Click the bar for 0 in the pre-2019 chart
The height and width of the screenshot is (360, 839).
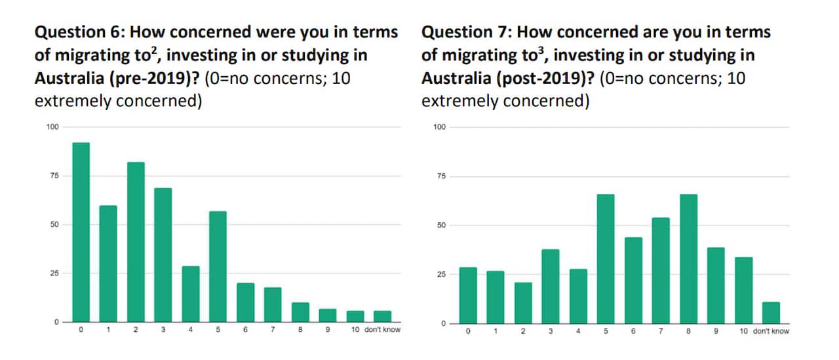pyautogui.click(x=81, y=233)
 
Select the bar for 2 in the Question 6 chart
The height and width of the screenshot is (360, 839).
pyautogui.click(x=136, y=243)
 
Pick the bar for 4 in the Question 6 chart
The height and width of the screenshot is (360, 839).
pyautogui.click(x=191, y=294)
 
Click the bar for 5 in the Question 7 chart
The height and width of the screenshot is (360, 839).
pyautogui.click(x=606, y=259)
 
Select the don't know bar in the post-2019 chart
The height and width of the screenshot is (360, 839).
pyautogui.click(x=771, y=312)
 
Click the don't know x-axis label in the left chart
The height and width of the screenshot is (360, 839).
pyautogui.click(x=382, y=330)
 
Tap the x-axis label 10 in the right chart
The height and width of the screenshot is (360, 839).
pyautogui.click(x=743, y=331)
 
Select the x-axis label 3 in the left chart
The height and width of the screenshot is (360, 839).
pyautogui.click(x=163, y=330)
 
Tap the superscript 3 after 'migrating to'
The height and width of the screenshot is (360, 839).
pyautogui.click(x=540, y=50)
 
